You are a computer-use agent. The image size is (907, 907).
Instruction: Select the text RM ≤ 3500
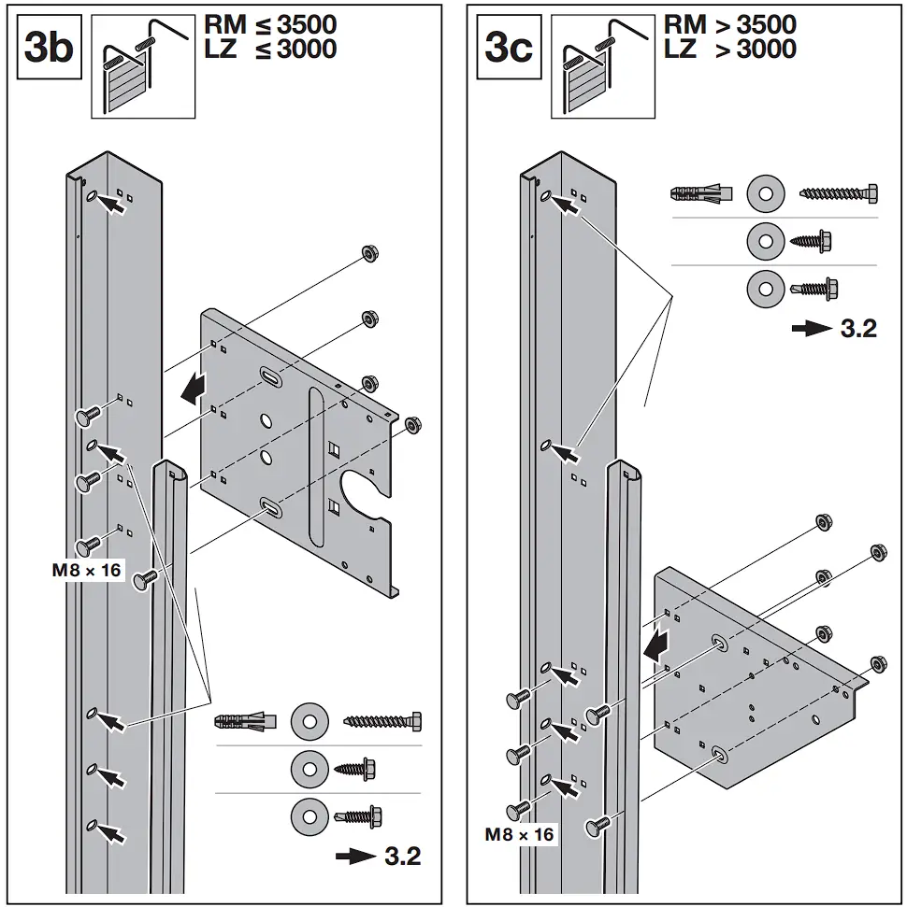point(270,24)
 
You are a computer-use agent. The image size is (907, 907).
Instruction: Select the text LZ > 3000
point(730,49)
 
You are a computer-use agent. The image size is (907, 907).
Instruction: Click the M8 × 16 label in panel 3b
point(87,568)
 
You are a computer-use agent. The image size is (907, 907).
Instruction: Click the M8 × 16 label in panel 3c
point(519,834)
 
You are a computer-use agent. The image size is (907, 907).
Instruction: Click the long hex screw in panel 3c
point(838,194)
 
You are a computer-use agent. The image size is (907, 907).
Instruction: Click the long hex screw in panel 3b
point(382,721)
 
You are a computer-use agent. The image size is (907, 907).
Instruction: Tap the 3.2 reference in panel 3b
point(379,855)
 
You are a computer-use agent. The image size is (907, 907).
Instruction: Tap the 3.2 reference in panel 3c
point(834,328)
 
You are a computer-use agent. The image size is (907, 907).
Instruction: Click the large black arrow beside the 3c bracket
point(657,643)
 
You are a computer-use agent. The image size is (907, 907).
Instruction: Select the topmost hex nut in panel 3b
point(367,254)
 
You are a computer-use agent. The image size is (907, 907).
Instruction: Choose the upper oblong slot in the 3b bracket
point(269,377)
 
